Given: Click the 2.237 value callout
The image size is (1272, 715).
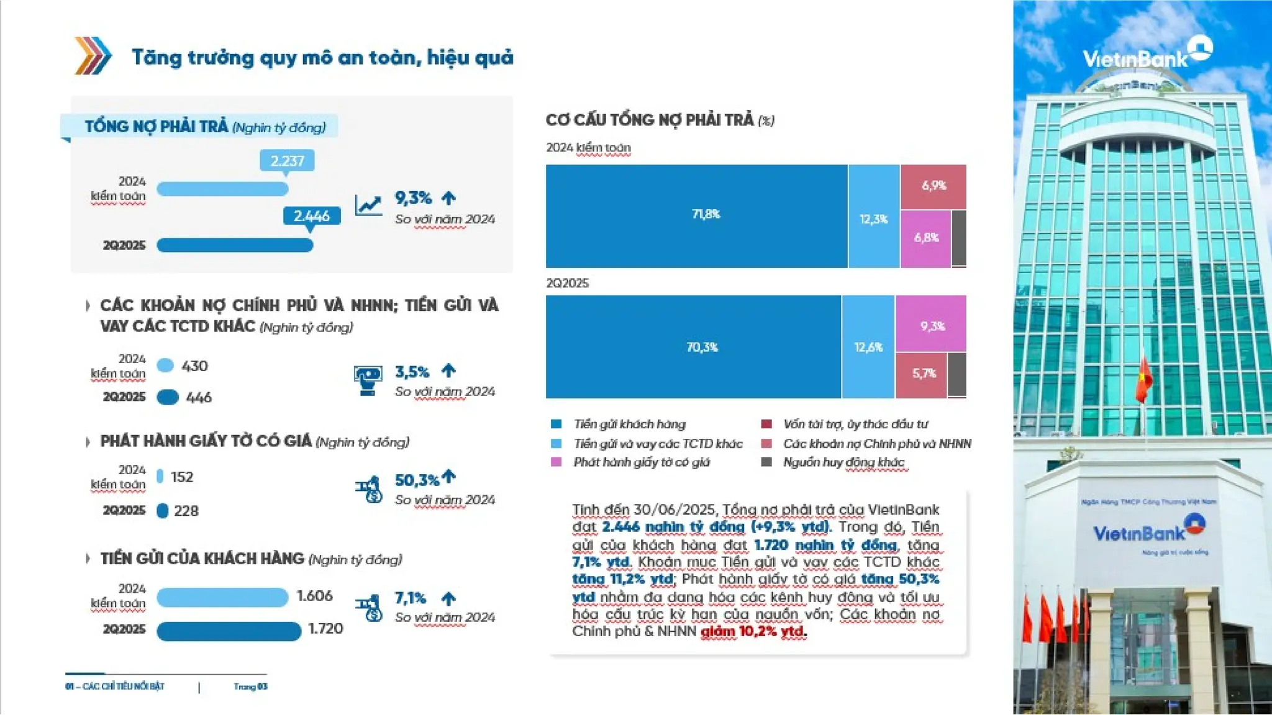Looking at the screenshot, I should click(287, 161).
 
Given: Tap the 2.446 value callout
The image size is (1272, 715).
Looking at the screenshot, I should click(311, 216).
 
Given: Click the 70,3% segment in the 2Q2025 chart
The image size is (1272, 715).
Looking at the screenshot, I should click(693, 347).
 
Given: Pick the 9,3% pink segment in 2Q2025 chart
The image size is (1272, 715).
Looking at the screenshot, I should click(931, 325).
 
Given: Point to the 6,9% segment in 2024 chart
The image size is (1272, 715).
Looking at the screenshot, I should click(933, 186).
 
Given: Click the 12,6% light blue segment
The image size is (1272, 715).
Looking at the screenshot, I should click(868, 347).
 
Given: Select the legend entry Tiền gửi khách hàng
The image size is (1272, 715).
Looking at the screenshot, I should click(629, 425).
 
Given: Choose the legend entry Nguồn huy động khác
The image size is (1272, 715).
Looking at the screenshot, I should click(843, 462).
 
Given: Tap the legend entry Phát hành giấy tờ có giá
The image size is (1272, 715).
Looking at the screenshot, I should click(641, 462).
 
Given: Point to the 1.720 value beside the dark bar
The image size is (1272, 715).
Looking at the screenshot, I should click(326, 629).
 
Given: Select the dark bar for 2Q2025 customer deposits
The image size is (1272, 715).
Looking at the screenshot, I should click(229, 631).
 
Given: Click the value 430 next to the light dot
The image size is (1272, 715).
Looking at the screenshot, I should click(194, 366).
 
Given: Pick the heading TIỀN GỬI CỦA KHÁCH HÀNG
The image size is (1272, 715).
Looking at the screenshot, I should click(202, 559).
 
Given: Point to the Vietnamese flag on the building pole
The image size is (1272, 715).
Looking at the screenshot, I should click(1143, 379).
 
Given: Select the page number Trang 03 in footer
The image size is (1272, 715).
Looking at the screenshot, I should click(250, 686).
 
